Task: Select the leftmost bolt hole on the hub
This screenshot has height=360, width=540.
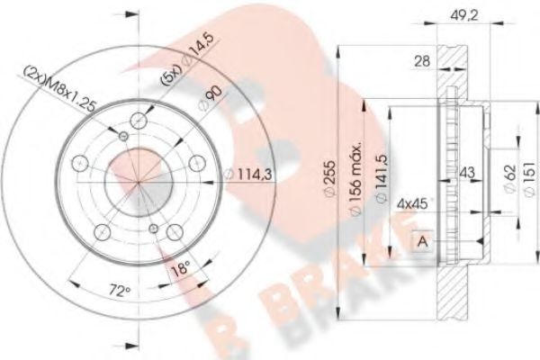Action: tap(79, 163)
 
